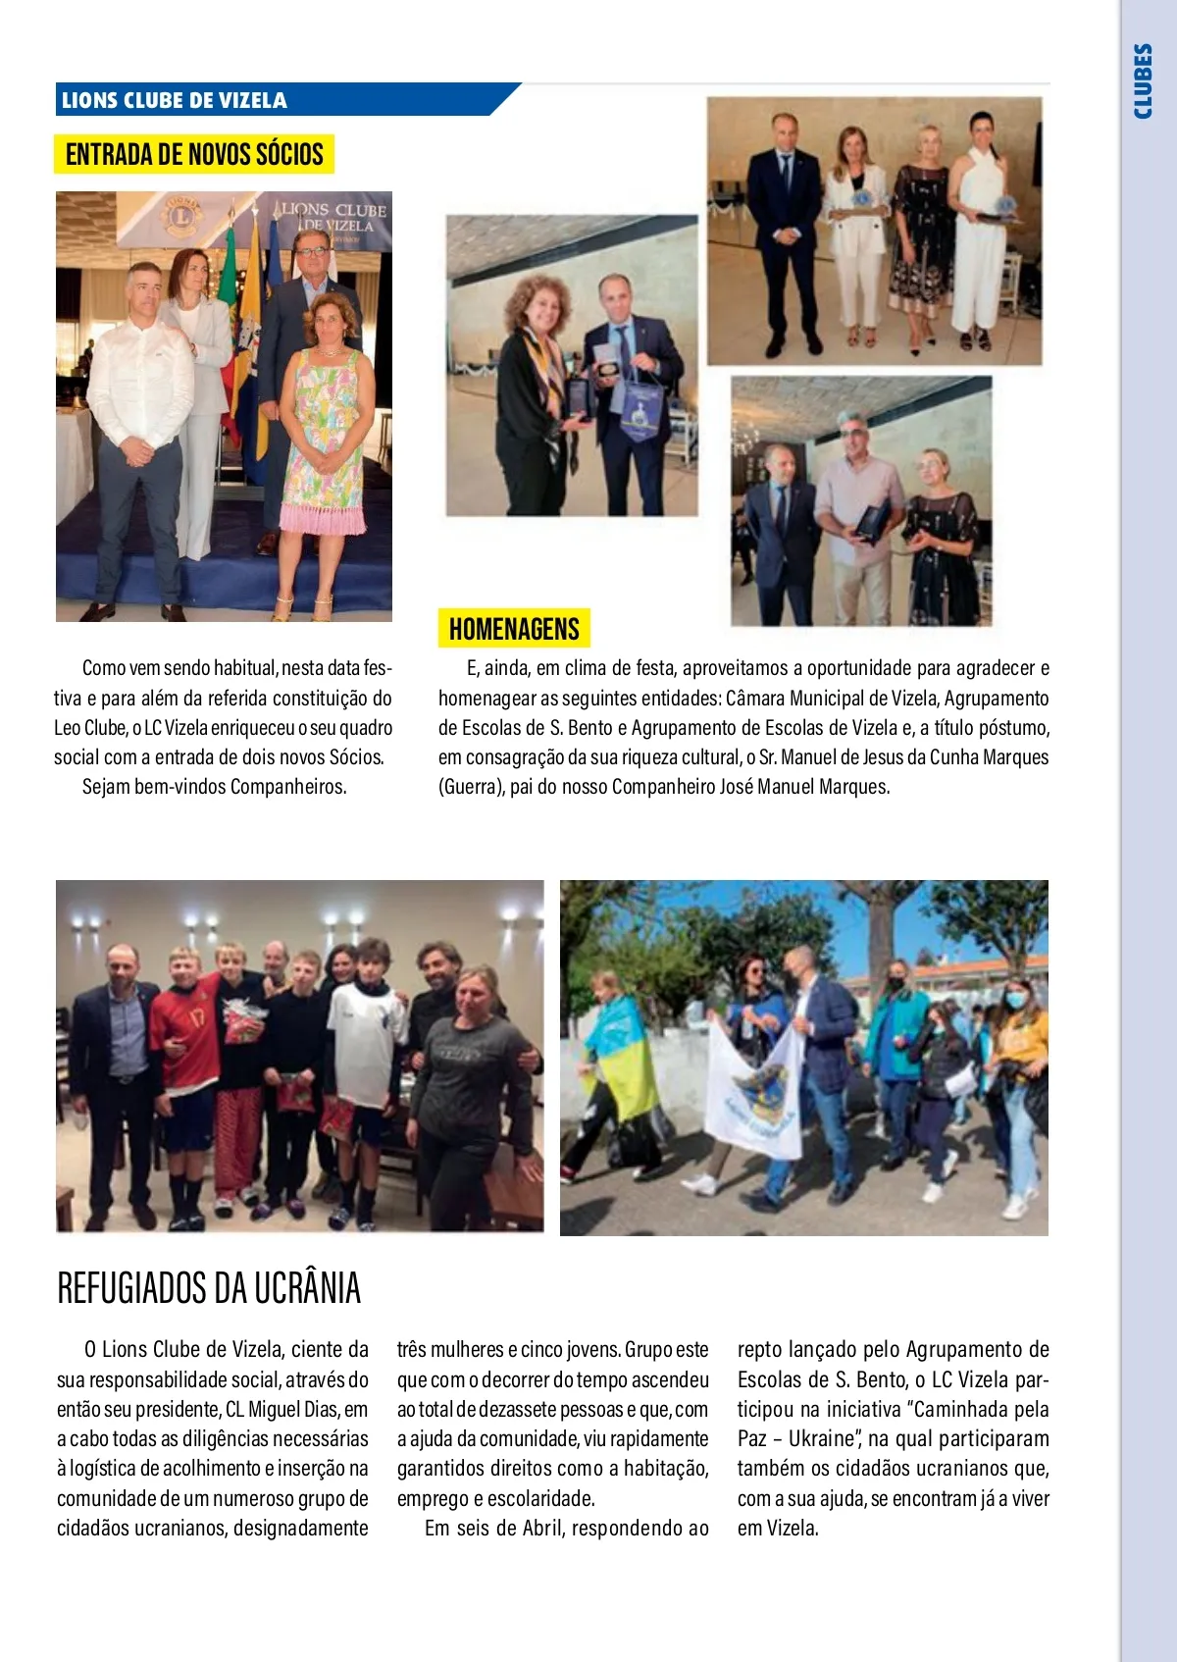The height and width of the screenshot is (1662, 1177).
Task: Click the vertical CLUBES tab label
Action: [1143, 81]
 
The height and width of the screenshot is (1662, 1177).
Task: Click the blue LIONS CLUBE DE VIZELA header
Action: [175, 100]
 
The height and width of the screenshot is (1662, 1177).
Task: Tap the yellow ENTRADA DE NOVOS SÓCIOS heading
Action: [194, 154]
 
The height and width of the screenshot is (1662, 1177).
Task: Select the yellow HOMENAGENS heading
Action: [514, 629]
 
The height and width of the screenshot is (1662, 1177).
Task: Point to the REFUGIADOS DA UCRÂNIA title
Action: [209, 1288]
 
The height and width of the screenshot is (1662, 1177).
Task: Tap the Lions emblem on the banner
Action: [180, 215]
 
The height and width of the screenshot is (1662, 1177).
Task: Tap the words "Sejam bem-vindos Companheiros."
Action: [214, 787]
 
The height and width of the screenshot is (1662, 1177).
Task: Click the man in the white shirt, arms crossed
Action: [140, 422]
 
